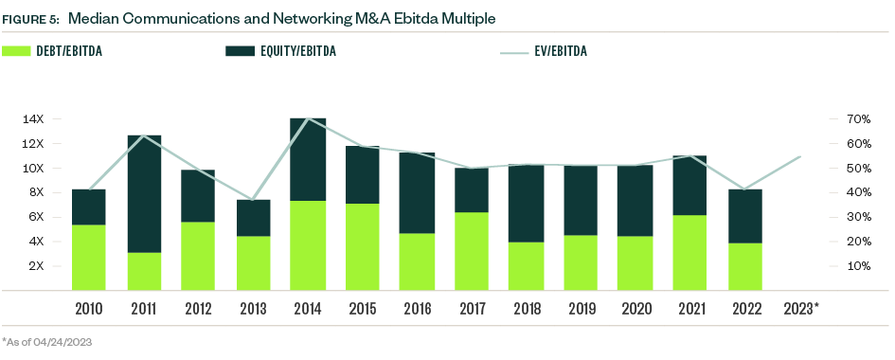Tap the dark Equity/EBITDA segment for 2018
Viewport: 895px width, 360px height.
528,204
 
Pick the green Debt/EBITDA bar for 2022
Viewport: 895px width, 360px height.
746,266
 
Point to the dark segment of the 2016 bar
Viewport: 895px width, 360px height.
418,193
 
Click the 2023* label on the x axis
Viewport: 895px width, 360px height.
802,308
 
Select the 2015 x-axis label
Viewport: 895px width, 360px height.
363,308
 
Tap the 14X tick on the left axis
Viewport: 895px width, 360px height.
33,119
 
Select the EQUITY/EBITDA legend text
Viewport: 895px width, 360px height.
302,51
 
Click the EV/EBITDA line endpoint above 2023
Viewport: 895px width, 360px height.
801,156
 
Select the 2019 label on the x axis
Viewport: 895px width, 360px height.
582,308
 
